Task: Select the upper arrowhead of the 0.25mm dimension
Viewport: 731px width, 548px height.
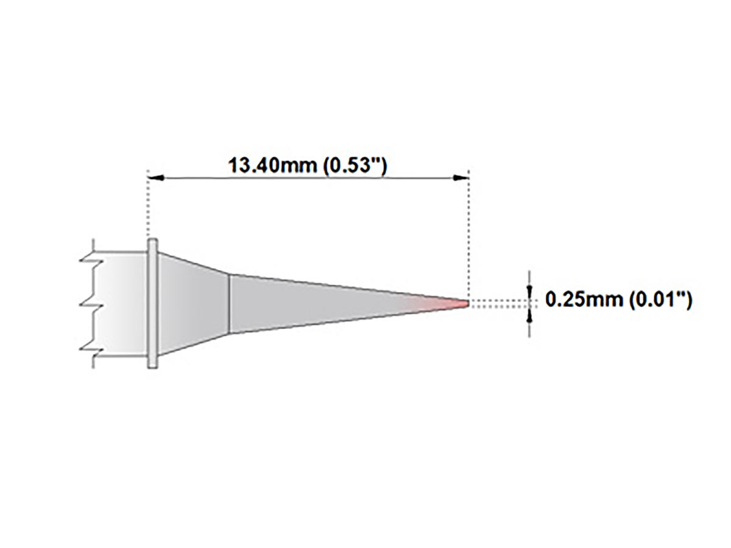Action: pos(529,292)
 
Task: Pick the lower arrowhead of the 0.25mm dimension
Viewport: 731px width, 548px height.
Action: pos(529,314)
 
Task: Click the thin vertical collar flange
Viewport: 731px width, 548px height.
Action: pos(153,303)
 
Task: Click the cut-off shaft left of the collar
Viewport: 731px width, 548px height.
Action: pos(122,303)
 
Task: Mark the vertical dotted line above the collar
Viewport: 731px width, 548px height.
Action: pos(148,207)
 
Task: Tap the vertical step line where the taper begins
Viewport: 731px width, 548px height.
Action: pos(229,303)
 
